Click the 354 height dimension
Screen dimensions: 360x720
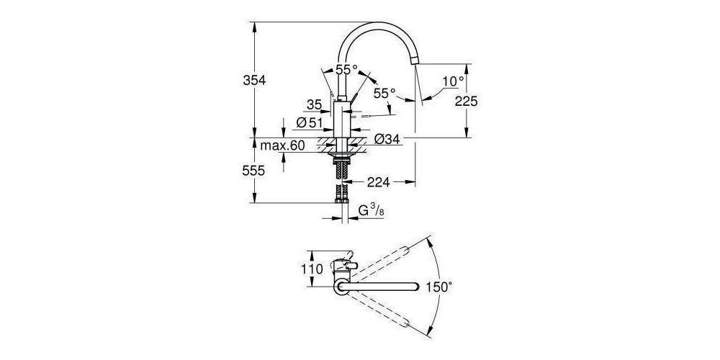point(253,80)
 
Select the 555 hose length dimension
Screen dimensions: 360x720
point(253,171)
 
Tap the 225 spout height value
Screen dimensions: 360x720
point(467,102)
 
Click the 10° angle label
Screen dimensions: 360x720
point(453,82)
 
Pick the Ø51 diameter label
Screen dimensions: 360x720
point(310,123)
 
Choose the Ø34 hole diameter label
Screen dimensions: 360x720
point(388,139)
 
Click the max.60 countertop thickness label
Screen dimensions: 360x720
point(282,146)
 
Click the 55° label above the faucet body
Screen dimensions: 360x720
point(346,70)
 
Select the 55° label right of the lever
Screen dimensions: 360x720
point(384,94)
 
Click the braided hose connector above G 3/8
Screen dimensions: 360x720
point(341,194)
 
